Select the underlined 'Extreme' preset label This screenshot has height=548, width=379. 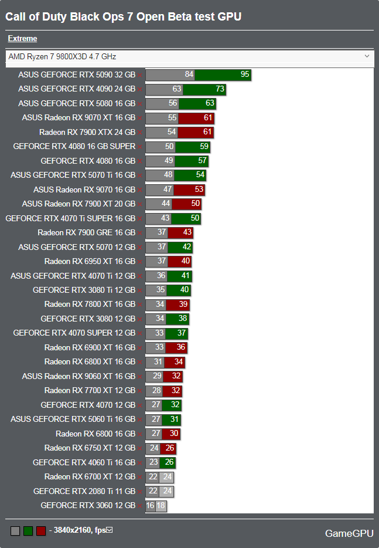[22, 39]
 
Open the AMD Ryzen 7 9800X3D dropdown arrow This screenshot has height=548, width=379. [367, 56]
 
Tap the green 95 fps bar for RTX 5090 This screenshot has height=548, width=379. [223, 75]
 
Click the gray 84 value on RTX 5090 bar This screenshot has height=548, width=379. [189, 75]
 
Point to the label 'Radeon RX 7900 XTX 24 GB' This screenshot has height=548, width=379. [87, 132]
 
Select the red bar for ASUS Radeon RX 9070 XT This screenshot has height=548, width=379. [196, 118]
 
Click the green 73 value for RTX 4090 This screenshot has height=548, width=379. [220, 89]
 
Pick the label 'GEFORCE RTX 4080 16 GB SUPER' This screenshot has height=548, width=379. [74, 147]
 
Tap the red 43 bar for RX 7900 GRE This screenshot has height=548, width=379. [181, 233]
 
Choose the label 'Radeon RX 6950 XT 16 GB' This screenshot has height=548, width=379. [90, 262]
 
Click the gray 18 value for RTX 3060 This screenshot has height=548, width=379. [161, 506]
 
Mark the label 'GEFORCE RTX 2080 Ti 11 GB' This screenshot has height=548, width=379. [84, 491]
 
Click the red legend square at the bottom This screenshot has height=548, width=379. [41, 531]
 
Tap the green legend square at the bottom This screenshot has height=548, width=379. [28, 531]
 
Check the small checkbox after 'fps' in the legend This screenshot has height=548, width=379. [109, 530]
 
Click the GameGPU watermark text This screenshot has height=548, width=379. [349, 533]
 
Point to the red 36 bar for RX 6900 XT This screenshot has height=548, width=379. [177, 348]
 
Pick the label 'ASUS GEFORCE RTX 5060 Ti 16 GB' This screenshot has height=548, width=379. [73, 420]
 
